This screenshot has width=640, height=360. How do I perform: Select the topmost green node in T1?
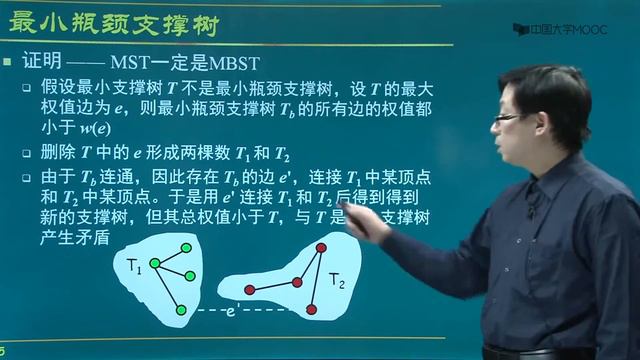pos(185,247)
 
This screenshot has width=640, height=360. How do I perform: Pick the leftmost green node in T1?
pos(154,264)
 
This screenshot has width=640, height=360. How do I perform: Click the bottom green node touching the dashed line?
pos(181,310)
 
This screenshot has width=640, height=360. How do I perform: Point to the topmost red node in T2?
pos(321,247)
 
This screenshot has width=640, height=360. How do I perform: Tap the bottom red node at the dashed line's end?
pos(310,310)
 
